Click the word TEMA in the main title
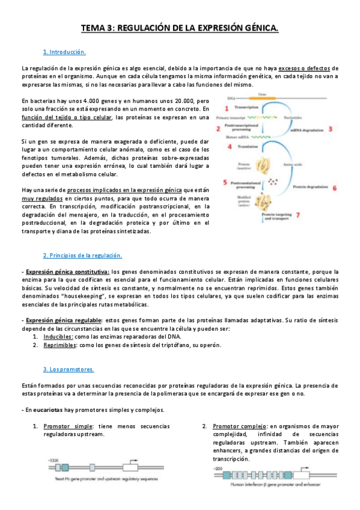96,28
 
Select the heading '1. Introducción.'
64,52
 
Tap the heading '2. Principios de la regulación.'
82,256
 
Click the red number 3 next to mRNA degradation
329,129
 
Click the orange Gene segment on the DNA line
262,99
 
